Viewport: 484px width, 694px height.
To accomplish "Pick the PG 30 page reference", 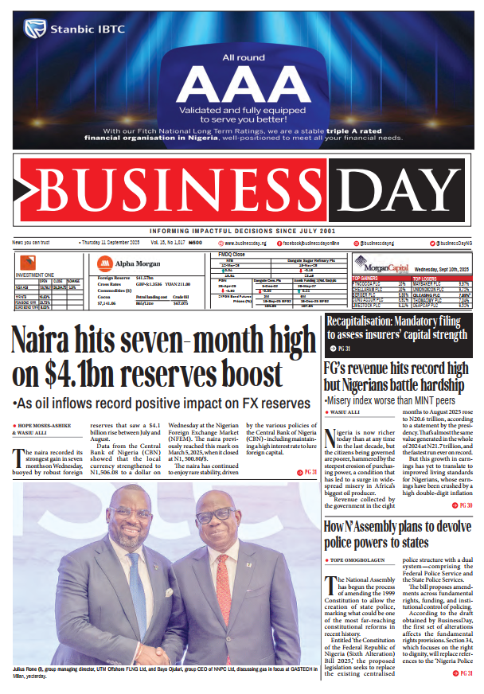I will (x=465, y=505).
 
